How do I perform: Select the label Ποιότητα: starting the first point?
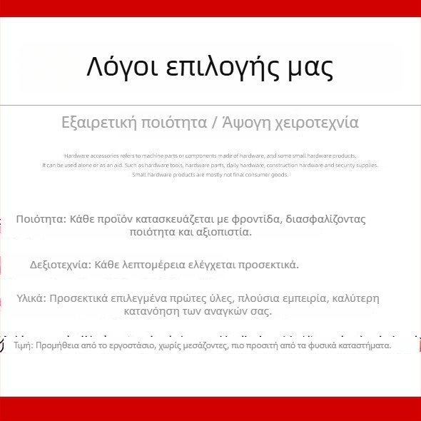click(x=41, y=220)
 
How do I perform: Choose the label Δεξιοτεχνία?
click(x=61, y=265)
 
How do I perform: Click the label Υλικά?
click(x=31, y=298)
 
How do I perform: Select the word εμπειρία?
click(x=287, y=298)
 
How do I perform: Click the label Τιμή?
click(x=23, y=345)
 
